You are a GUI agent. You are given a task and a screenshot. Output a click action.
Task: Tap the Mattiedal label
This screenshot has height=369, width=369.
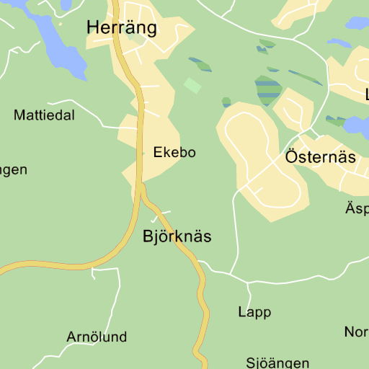pos(44,115)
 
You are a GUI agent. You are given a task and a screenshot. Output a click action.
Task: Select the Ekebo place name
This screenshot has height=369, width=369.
pos(174,153)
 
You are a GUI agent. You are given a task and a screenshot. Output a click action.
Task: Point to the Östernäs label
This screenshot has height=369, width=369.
pos(320,157)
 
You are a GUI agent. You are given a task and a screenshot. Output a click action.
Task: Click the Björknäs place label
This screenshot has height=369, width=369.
pos(177,236)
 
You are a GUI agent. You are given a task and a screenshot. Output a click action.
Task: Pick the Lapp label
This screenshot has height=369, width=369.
pos(254,312)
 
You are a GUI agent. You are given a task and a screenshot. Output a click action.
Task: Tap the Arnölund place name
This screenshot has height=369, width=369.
pos(97,337)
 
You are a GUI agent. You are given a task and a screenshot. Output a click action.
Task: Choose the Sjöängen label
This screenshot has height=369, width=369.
pos(277,363)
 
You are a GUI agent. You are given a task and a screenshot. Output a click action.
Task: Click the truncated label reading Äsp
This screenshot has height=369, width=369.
pos(357,209)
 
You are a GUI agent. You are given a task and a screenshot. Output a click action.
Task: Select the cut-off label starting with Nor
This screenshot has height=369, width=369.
pos(356,332)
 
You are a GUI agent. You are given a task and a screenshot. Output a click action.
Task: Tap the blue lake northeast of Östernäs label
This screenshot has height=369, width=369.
pos(356,127)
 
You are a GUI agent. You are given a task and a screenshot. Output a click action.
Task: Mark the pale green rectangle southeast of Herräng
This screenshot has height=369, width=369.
pos(192,86)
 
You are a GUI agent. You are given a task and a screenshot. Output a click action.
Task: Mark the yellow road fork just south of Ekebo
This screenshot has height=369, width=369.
pos(142,189)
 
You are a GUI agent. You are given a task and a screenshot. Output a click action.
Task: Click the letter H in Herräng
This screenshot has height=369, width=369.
pos(93,28)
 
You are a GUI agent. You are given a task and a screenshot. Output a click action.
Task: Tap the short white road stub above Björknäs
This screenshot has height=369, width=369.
pos(160,215)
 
